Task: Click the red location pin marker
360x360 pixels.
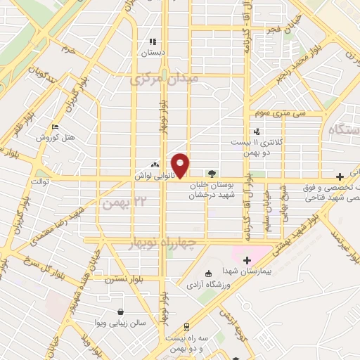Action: click(181, 165)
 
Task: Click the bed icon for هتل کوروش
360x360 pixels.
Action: click(55, 127)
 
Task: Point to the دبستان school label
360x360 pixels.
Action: click(153, 52)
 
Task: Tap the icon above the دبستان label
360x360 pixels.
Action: click(153, 41)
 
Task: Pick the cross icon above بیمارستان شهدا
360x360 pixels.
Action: click(247, 261)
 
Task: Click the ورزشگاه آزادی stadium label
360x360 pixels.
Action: click(207, 285)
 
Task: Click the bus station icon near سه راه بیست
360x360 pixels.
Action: click(186, 326)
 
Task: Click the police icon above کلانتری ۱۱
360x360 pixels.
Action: click(257, 130)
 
